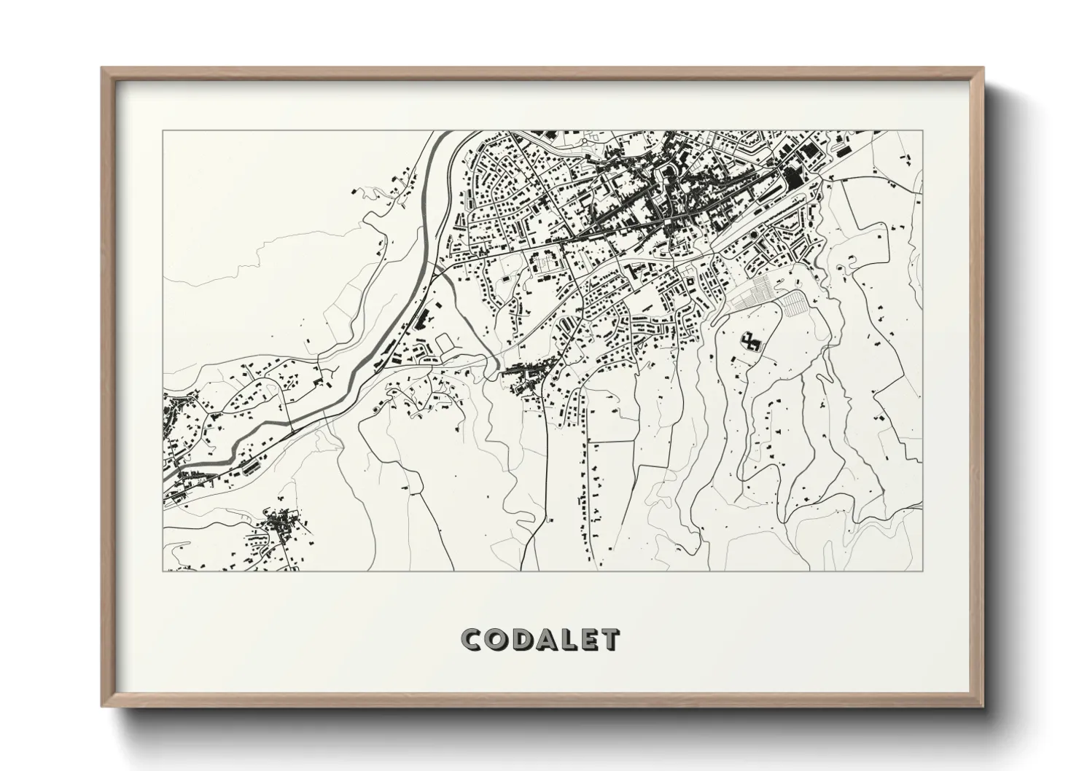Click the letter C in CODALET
coord(472,640)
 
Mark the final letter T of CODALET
coord(609,640)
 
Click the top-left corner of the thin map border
coord(163,132)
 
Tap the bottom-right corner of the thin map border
coord(922,571)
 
